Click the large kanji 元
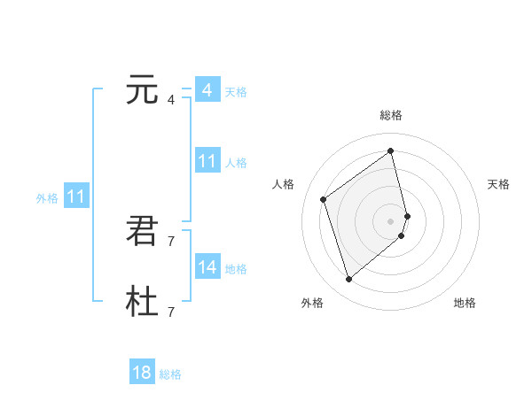(x=143, y=90)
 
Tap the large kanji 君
(x=143, y=232)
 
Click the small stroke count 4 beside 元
(x=171, y=99)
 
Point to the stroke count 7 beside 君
(x=171, y=241)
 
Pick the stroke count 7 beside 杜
(x=171, y=312)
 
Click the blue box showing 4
(x=207, y=90)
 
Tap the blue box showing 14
(x=207, y=267)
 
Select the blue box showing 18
(x=142, y=373)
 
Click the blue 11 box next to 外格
(x=75, y=196)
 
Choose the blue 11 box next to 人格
(x=207, y=161)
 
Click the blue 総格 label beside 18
(x=170, y=374)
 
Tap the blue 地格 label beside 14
(x=236, y=269)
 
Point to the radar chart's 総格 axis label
(x=391, y=116)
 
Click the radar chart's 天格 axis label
(x=498, y=184)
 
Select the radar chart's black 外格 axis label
(x=312, y=303)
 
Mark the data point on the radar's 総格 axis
(x=391, y=150)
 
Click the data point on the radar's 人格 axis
(x=324, y=199)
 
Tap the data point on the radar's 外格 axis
(x=349, y=280)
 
